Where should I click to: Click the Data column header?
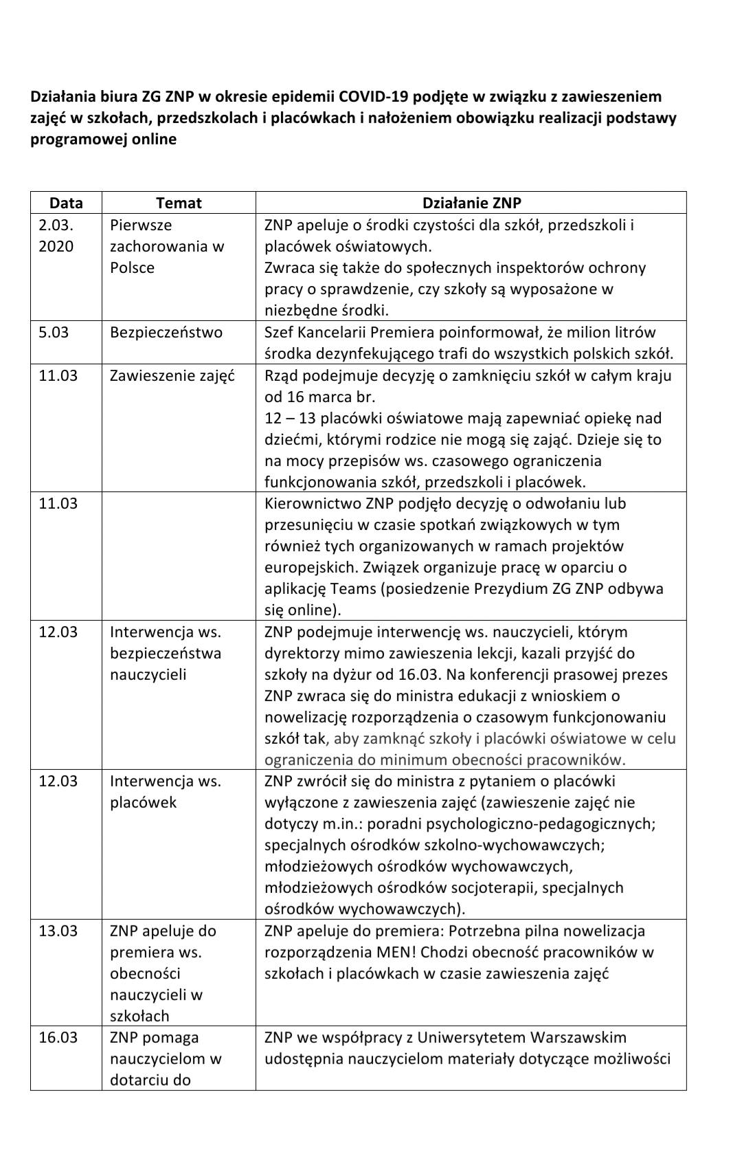pyautogui.click(x=66, y=203)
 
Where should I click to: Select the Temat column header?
pyautogui.click(x=179, y=203)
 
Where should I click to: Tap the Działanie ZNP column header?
pyautogui.click(x=471, y=203)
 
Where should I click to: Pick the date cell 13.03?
pyautogui.click(x=58, y=931)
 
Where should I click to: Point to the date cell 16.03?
pyautogui.click(x=58, y=1037)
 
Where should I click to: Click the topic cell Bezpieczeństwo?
pyautogui.click(x=166, y=333)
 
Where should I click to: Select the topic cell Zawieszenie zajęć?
pyautogui.click(x=172, y=376)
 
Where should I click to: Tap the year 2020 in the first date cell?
pyautogui.click(x=56, y=246)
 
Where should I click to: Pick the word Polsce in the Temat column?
pyautogui.click(x=133, y=267)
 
